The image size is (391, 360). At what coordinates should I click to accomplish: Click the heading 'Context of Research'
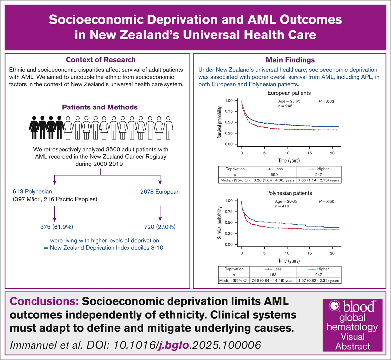point(100,60)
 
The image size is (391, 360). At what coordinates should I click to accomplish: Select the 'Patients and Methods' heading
point(99,108)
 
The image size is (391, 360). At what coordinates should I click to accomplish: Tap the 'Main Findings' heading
point(290,60)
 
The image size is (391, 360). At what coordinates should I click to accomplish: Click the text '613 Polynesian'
point(33,192)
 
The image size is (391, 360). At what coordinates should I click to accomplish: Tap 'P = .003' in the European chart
point(326,101)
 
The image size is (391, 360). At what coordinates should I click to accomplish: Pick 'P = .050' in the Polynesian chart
point(326,201)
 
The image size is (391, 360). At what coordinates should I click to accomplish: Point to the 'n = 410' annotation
point(282,206)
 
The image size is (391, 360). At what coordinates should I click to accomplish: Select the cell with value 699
point(274,175)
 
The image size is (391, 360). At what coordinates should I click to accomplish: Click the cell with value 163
point(273,275)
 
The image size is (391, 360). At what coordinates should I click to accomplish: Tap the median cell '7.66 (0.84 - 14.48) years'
point(273,281)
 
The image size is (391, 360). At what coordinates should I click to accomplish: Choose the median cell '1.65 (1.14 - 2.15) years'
point(318,180)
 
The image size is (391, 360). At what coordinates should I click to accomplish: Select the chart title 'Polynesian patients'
point(289,193)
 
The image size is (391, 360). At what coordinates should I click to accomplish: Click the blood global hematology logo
point(352,325)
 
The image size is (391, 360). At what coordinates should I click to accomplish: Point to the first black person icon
point(34,127)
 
